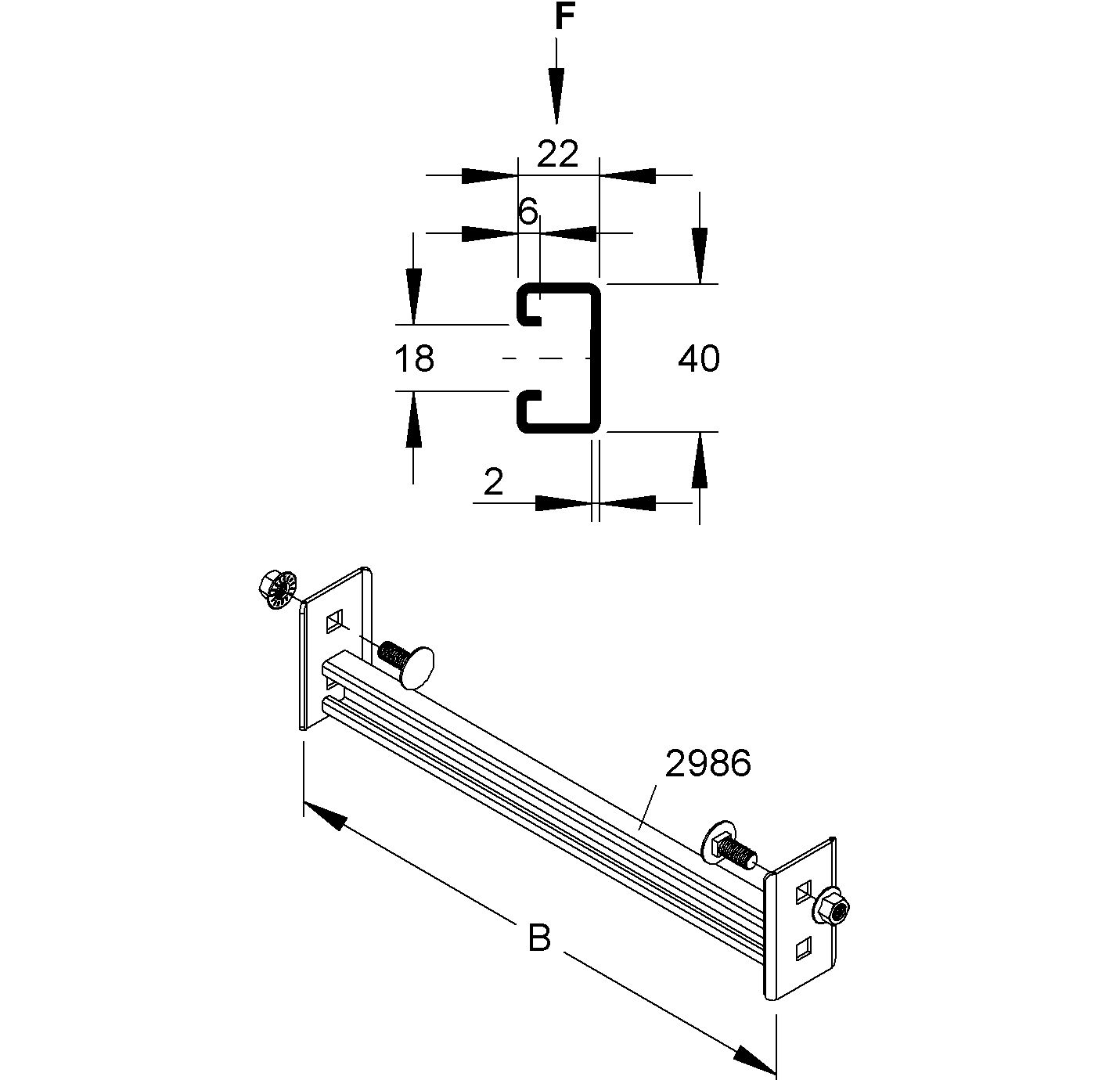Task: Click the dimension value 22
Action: [x=557, y=154]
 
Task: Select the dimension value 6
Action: [x=528, y=211]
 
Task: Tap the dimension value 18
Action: [x=414, y=358]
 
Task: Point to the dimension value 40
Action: [x=698, y=358]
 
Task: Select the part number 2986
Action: [x=708, y=763]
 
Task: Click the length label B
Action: [x=538, y=937]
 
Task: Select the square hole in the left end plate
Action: [x=336, y=621]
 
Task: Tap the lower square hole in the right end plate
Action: [x=805, y=949]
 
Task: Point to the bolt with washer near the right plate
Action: [x=728, y=846]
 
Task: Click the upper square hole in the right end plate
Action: [x=805, y=892]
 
